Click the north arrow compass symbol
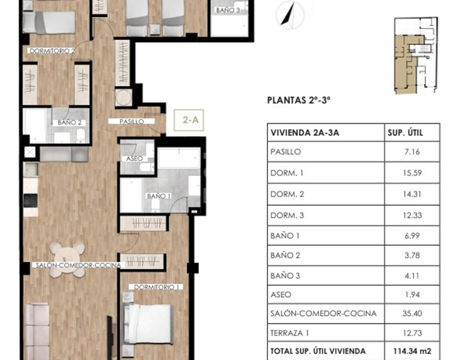tap(290, 15)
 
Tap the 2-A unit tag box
tap(189, 120)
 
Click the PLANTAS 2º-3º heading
tap(298, 100)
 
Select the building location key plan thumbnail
tap(416, 56)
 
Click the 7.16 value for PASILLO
tap(412, 152)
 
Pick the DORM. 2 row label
tap(287, 194)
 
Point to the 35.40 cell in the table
tap(412, 313)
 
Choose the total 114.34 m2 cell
tap(412, 351)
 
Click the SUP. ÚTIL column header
tap(405, 133)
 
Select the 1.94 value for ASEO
tap(412, 294)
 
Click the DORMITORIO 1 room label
tap(156, 287)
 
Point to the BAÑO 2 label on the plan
tap(69, 122)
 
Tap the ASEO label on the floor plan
tap(134, 158)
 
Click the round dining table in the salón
tap(68, 260)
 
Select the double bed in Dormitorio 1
tap(148, 324)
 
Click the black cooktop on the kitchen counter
tap(31, 201)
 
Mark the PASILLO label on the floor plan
tap(131, 121)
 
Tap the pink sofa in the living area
tap(37, 332)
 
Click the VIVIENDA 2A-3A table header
tap(305, 133)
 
